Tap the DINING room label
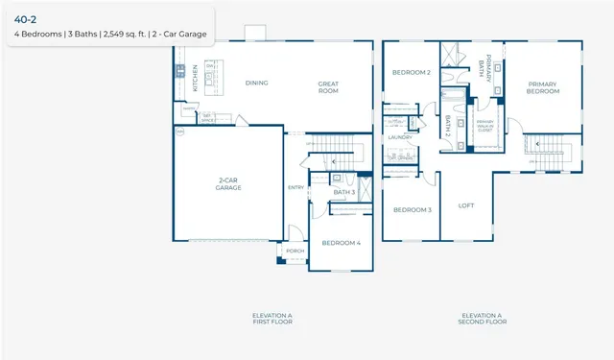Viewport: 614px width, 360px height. tap(256, 83)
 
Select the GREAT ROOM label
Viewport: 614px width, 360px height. tap(329, 86)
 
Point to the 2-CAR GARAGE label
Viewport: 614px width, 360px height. tap(227, 184)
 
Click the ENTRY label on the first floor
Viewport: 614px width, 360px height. tap(295, 187)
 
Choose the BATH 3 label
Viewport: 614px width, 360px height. tap(344, 192)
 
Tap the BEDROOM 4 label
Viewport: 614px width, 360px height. tap(341, 243)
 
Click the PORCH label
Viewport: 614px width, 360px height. tap(295, 252)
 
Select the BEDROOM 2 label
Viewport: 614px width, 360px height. tap(411, 72)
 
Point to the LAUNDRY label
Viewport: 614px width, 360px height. tap(400, 137)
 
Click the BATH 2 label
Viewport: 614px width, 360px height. tap(448, 127)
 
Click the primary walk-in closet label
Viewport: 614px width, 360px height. tap(485, 124)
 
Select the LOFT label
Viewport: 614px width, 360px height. tap(466, 205)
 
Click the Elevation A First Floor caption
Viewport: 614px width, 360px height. tap(272, 319)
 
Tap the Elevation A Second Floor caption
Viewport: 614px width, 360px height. tap(482, 319)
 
